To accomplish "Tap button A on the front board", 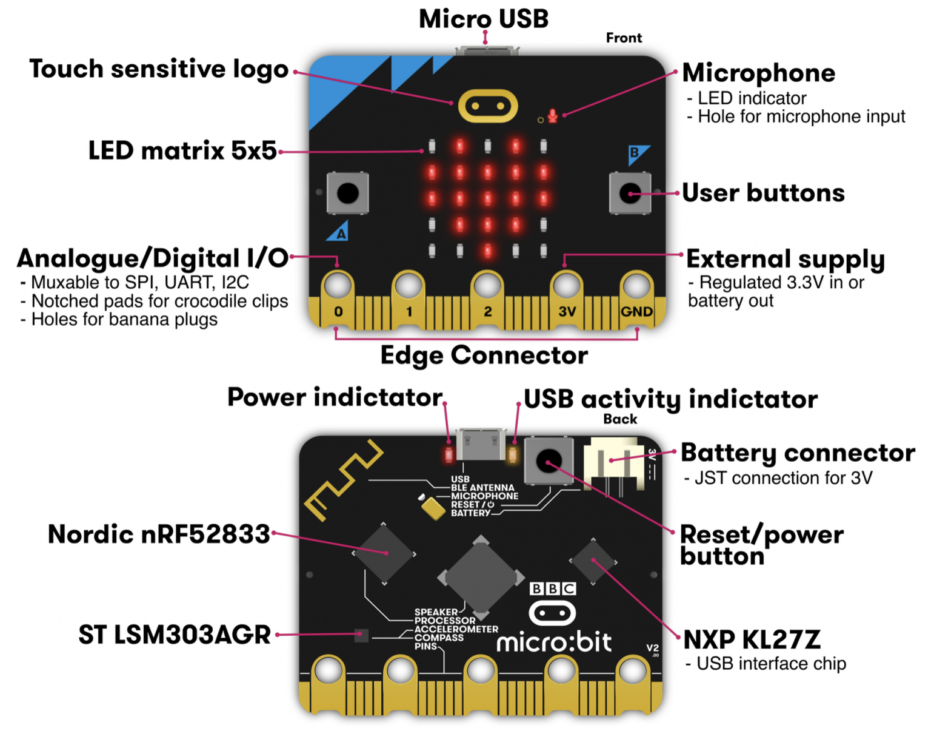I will tap(347, 194).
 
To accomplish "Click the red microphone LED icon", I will tap(552, 116).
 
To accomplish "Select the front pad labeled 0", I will tap(338, 286).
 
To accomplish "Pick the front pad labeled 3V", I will tap(566, 286).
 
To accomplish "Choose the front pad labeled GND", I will tap(636, 286).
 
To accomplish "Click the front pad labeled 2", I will tap(487, 286).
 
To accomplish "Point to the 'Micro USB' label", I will tap(484, 19).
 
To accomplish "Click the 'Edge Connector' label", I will tap(484, 356).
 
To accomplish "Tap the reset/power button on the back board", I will tap(549, 461).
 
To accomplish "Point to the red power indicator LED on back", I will tap(449, 454).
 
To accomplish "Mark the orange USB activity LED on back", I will tap(513, 454).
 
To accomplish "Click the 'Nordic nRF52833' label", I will tap(159, 534).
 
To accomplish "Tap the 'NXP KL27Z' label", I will tap(752, 639).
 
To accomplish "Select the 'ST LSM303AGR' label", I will tap(175, 635).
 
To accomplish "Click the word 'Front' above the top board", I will tap(624, 38).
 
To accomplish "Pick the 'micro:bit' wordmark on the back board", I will tap(554, 642).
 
